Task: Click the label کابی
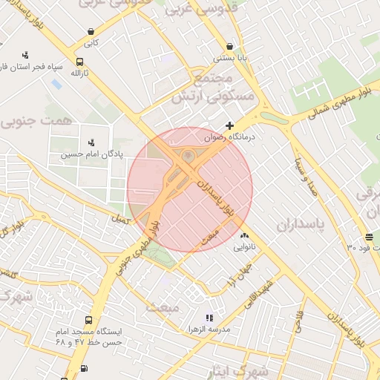91,43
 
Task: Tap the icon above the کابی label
91,32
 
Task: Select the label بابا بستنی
226,57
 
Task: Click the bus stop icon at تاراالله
79,62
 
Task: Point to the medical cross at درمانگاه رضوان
229,125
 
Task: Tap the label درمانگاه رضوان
230,137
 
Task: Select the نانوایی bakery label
245,246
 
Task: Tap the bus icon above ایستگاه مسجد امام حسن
89,321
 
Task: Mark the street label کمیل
118,220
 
